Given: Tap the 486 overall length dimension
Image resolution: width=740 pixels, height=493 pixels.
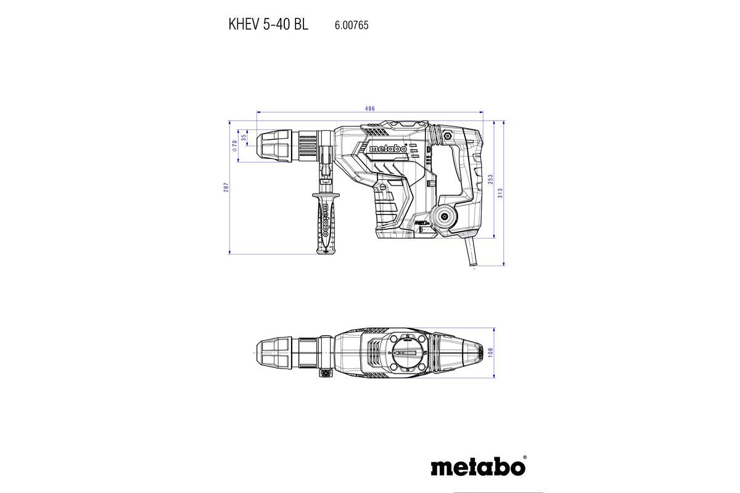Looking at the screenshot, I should coord(370,108).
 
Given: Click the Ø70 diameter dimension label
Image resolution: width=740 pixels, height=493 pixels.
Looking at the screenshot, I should coord(234,146).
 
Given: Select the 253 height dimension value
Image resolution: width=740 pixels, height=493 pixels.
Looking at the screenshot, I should coord(491,179).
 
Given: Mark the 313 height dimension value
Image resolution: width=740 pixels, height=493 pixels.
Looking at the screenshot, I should coord(501,192).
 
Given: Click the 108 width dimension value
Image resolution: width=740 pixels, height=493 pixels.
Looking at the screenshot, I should coord(491,352).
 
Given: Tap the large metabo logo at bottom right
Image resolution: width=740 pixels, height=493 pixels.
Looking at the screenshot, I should coord(478,466).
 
